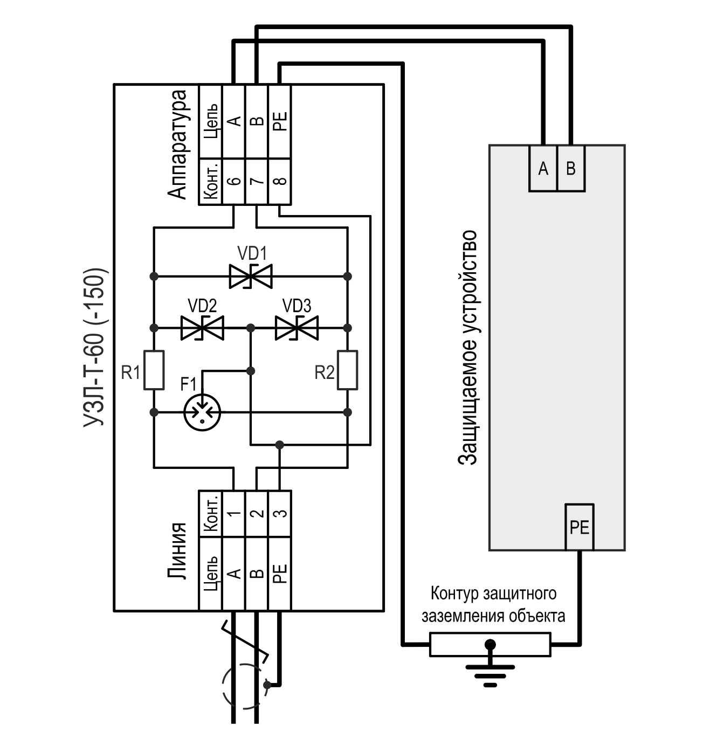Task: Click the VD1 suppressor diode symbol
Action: [251, 277]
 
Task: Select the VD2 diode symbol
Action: [202, 328]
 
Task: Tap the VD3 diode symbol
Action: [297, 328]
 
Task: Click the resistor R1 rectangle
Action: [154, 370]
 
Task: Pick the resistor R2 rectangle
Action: [347, 370]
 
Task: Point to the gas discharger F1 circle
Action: [203, 412]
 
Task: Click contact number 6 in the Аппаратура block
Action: [233, 182]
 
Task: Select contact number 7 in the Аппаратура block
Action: [257, 182]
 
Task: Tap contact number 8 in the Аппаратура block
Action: [279, 182]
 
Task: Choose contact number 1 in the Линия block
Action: [233, 513]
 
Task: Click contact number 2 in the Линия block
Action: [257, 513]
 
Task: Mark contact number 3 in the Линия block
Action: [279, 513]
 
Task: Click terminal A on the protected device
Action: [543, 169]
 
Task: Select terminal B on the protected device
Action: [571, 169]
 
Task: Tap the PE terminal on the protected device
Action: [580, 527]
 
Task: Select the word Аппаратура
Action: [178, 144]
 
